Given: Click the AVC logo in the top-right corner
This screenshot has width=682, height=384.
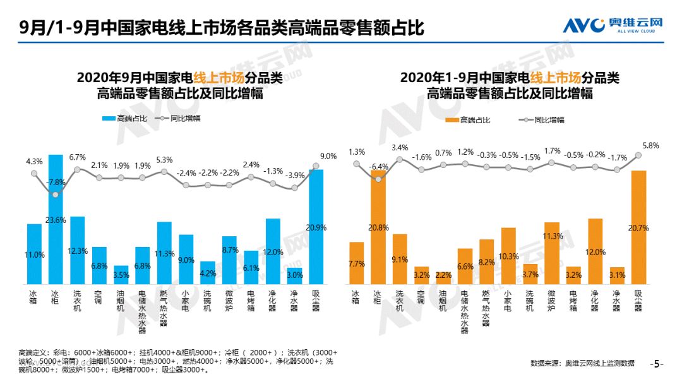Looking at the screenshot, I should (x=613, y=25).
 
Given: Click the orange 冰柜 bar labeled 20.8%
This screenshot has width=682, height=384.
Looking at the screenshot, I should (x=378, y=227).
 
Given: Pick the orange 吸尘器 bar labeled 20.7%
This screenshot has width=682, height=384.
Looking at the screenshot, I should (x=639, y=227).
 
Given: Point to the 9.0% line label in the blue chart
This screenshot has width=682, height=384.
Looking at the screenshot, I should (x=328, y=156).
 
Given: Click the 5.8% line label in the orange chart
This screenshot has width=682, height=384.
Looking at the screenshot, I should (x=650, y=145).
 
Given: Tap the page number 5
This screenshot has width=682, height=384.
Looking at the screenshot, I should (x=657, y=364).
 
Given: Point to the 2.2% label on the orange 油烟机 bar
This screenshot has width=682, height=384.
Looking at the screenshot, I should (x=443, y=276).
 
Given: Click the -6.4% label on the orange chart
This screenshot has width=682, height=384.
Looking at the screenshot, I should (x=379, y=167).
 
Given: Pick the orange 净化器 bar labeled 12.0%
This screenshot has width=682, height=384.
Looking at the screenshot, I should (x=595, y=251).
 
